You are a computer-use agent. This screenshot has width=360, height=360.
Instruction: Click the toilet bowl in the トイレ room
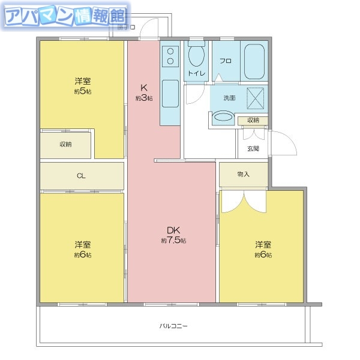point(196,58)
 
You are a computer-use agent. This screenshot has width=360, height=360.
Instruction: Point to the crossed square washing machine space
point(256,97)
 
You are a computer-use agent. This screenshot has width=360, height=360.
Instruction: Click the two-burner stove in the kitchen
point(170,56)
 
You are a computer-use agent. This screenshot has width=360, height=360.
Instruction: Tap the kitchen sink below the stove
point(170,93)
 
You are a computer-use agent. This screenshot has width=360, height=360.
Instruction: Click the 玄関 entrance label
point(253,148)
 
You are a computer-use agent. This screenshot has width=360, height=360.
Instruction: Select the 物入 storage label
point(243,174)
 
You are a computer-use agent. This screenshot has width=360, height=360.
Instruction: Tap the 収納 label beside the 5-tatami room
point(65,145)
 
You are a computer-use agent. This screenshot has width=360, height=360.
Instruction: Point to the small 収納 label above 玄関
point(253,120)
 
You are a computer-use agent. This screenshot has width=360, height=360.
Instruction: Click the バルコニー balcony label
point(173,326)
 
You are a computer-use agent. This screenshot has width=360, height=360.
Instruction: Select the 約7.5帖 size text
point(173,241)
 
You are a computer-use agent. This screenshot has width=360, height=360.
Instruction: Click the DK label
point(173,230)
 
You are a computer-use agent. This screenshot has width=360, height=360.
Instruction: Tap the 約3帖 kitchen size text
point(144,98)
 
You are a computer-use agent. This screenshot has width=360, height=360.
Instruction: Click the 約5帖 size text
point(83,91)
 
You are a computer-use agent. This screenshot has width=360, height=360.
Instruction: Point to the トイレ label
point(196,73)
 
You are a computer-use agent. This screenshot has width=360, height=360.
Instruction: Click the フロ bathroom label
point(226,61)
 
